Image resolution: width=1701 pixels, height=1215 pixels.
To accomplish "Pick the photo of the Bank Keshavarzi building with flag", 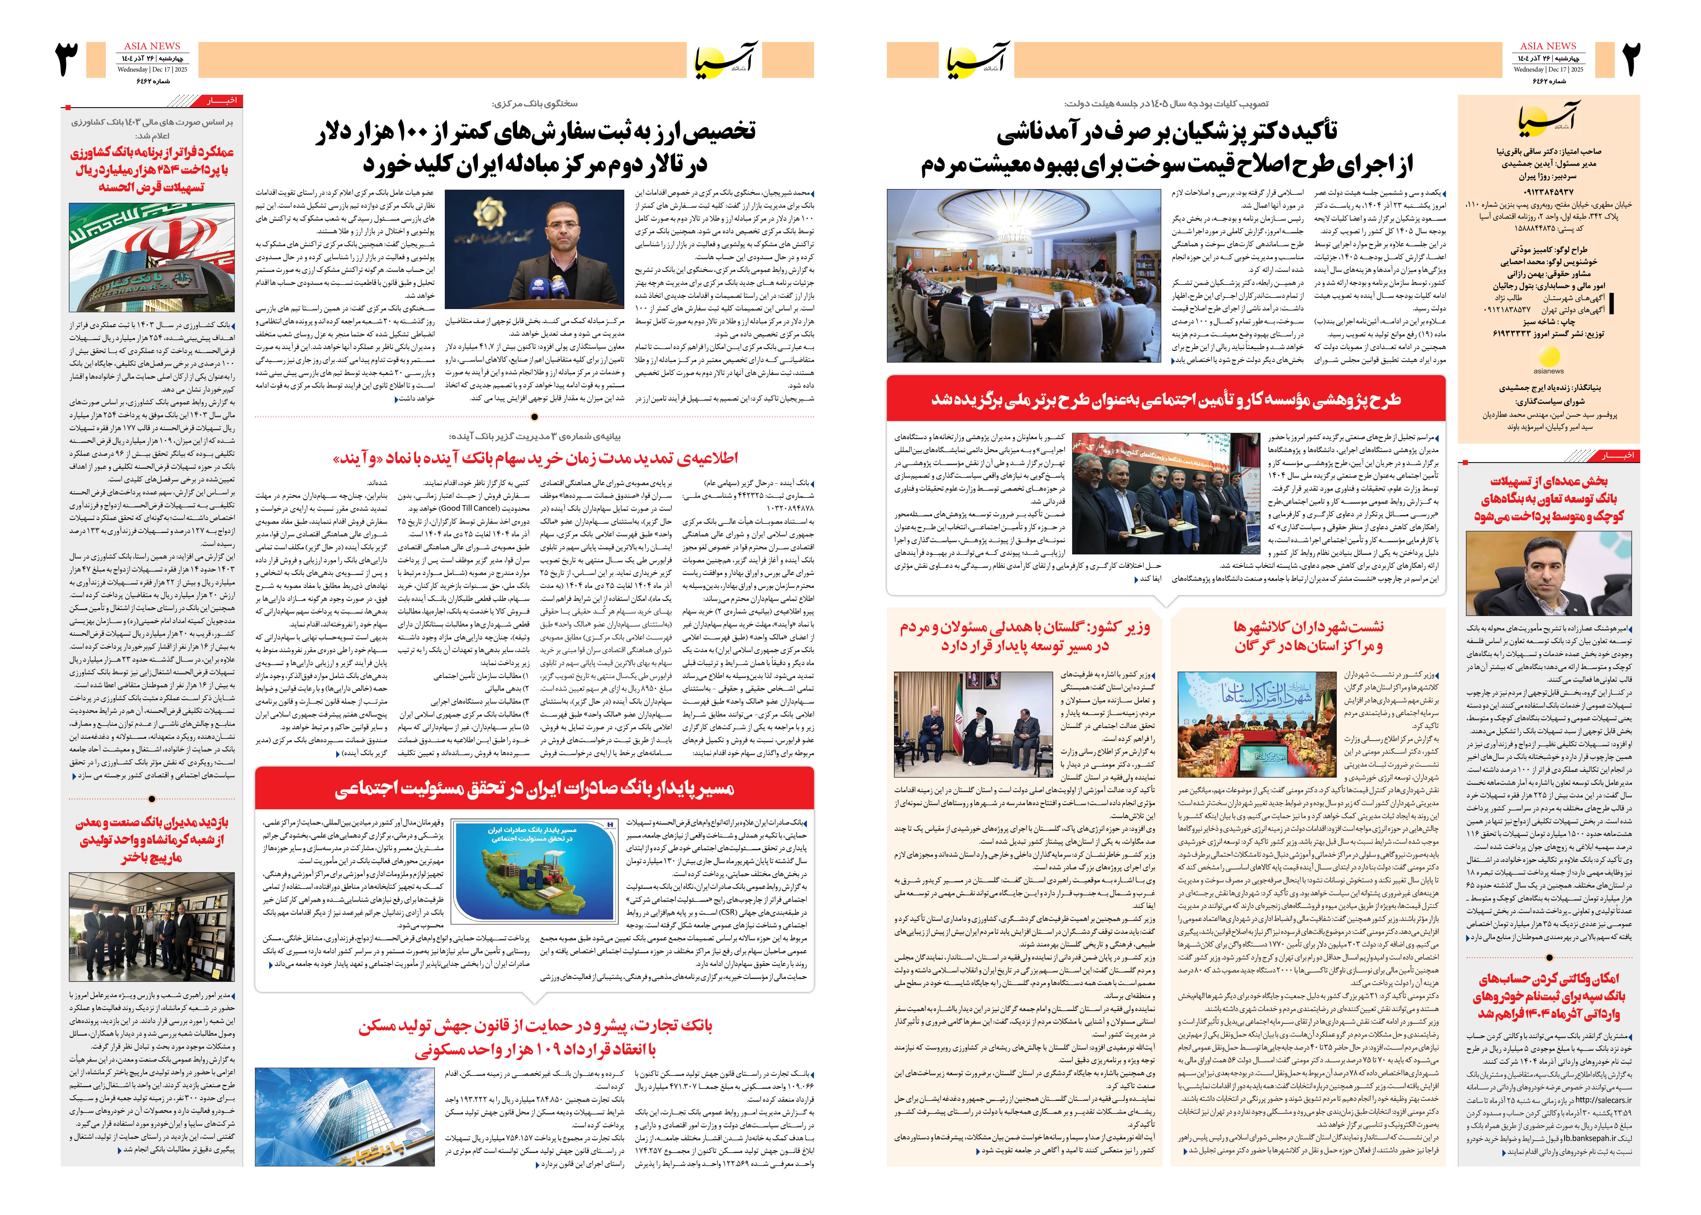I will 152,257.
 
